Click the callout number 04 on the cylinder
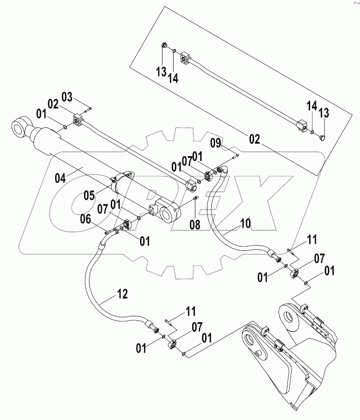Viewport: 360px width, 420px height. tap(60, 178)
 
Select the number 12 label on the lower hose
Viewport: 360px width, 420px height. tap(122, 293)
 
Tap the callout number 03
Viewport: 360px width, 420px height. tap(66, 97)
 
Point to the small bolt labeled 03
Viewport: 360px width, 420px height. tap(87, 108)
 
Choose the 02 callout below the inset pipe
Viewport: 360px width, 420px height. tap(254, 138)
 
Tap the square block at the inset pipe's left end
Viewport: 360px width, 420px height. tap(185, 57)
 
